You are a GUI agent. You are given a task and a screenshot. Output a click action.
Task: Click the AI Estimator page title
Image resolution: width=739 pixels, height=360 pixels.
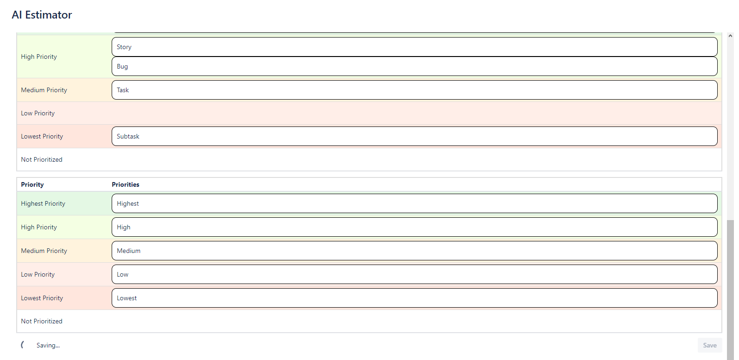tap(42, 15)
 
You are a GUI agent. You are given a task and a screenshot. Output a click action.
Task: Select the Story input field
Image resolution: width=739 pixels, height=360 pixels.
tap(414, 47)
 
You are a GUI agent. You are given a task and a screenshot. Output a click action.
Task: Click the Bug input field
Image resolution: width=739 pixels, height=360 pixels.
tap(414, 66)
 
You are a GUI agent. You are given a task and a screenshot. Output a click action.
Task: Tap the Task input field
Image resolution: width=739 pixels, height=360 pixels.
tap(414, 90)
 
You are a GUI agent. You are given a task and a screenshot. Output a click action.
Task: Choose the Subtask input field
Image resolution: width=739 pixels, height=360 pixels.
tap(414, 136)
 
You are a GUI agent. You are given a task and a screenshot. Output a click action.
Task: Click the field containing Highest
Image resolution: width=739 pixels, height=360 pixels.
tap(414, 203)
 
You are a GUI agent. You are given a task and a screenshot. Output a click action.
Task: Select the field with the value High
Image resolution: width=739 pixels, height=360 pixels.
tap(414, 227)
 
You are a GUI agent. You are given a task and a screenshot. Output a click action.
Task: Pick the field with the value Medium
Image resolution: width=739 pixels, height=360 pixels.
tap(414, 251)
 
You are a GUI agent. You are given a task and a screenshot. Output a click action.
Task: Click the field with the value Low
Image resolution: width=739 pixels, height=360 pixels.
tap(414, 274)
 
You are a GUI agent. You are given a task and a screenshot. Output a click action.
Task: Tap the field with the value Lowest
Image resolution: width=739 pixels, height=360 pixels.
tap(414, 298)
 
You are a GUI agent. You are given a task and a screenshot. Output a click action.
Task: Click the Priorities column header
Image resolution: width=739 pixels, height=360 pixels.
tap(126, 184)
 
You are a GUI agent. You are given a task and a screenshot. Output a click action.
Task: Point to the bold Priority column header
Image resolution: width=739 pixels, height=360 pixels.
tap(32, 184)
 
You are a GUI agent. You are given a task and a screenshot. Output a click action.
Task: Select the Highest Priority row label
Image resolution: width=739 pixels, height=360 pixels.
tap(43, 203)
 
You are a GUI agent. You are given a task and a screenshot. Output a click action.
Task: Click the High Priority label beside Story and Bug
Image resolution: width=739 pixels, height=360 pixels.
tap(39, 57)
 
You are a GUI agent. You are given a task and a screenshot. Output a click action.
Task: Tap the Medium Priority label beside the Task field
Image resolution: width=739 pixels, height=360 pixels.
tap(44, 90)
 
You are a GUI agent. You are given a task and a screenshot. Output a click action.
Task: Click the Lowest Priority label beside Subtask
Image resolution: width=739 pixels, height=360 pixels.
tap(42, 136)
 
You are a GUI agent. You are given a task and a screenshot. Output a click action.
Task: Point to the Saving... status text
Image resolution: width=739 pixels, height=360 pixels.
tap(48, 345)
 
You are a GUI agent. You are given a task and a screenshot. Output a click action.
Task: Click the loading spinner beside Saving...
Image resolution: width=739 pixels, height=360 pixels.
tap(22, 345)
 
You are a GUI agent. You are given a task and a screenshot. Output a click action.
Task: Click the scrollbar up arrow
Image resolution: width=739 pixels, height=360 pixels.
tap(730, 36)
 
